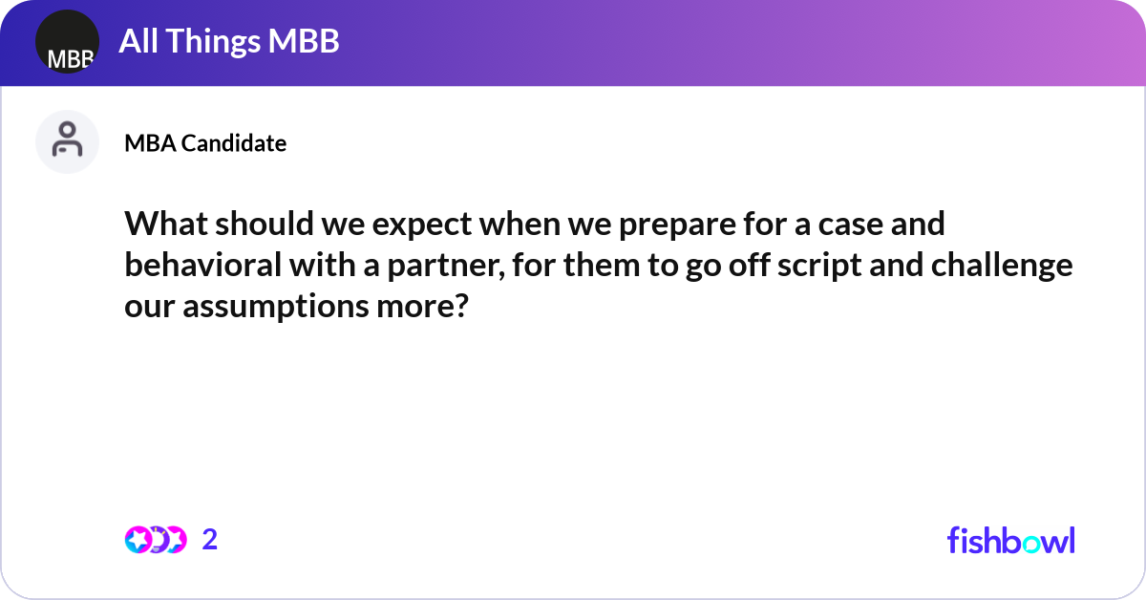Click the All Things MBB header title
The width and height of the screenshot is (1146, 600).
(229, 42)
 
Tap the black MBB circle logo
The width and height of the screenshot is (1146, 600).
(67, 42)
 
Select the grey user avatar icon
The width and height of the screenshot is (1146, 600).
(67, 141)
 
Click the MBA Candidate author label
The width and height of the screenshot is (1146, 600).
(205, 143)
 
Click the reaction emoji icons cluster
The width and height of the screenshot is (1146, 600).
(155, 540)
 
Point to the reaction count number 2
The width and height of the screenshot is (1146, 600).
(210, 540)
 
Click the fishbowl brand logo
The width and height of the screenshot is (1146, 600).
(1010, 540)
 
